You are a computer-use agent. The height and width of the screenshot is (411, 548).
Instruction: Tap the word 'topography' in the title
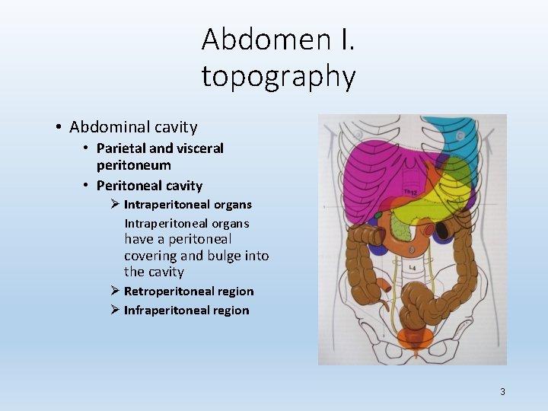279,76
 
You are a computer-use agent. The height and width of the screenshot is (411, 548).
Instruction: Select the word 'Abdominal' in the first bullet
106,127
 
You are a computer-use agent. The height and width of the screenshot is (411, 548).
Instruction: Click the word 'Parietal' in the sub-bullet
120,148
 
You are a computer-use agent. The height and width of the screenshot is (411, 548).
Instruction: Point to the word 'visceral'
199,148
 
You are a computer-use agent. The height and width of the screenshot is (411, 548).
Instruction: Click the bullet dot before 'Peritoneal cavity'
88,186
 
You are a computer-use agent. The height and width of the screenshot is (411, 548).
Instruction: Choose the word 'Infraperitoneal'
161,310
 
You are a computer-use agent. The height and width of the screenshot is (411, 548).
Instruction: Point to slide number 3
502,391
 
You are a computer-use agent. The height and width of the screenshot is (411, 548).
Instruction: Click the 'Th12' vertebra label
410,193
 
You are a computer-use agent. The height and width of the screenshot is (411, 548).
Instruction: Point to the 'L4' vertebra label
412,268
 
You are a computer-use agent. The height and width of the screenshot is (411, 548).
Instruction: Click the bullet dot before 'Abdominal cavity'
59,127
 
